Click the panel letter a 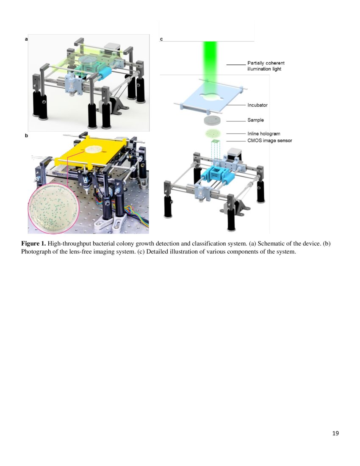pos(26,39)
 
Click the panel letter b pos(26,136)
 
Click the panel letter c pos(161,39)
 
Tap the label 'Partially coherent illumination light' pos(266,66)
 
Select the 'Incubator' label pos(258,105)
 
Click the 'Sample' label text pos(255,120)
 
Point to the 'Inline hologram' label pos(264,134)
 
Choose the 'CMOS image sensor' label pos(270,141)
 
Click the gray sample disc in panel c pos(212,120)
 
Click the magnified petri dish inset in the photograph pos(54,208)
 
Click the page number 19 pos(335,433)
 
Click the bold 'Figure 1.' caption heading pos(33,244)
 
